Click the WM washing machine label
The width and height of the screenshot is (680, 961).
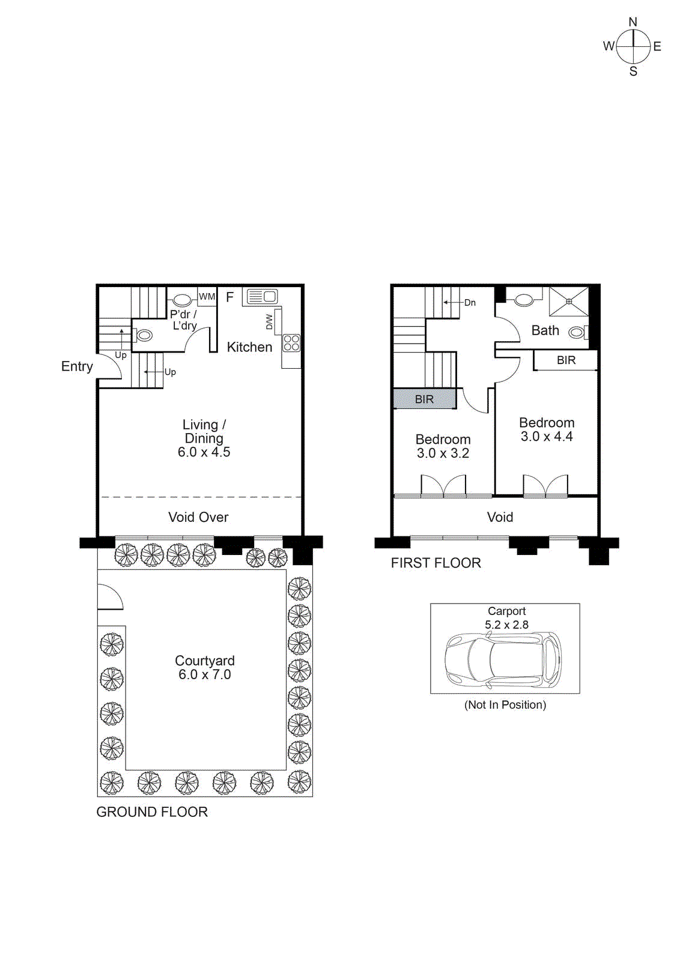coord(207,297)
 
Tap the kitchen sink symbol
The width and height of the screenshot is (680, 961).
coord(263,296)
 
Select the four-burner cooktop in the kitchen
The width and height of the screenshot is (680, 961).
coord(291,343)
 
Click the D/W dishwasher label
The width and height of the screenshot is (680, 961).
coord(269,322)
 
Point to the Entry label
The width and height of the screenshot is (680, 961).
coord(77,366)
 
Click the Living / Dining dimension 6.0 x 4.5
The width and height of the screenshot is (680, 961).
coord(204,452)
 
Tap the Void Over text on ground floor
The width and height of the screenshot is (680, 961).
coord(198,517)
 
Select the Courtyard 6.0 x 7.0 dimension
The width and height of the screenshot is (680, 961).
coord(204,675)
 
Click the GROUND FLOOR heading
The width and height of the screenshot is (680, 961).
coord(152,812)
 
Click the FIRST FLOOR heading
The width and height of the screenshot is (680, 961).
coord(436,563)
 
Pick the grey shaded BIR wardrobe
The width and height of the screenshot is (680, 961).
coord(424,399)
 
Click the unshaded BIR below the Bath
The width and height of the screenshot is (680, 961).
coord(566,360)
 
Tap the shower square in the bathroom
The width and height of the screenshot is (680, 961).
coord(569,302)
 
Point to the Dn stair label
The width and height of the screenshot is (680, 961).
coord(470,303)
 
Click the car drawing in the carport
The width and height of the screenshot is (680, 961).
coord(503,661)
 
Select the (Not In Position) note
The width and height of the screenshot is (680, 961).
coord(505,705)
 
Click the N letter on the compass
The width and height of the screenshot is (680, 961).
coord(633,22)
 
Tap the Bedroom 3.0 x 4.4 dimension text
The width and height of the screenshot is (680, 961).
coord(547,437)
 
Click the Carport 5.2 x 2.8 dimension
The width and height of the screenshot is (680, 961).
coord(506,625)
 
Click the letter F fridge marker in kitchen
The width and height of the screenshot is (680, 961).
coord(229,297)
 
